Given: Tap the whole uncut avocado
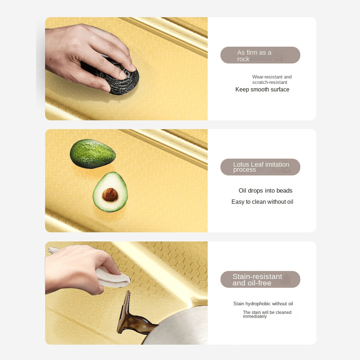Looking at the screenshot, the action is point(93,154).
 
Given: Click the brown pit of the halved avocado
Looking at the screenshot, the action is point(110,195).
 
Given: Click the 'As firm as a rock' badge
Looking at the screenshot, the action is point(260,55).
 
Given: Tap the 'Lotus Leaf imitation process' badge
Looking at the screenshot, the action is point(260,167).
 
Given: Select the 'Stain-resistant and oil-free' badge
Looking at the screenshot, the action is point(260,279).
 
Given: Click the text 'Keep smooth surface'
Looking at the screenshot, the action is point(262,90).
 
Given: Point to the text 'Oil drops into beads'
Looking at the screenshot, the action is point(265,190).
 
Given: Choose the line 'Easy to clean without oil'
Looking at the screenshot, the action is point(262,202).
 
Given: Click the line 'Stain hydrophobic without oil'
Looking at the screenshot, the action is point(263,303).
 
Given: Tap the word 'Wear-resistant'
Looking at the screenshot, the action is point(267,77).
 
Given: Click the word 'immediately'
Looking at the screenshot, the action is point(255,316).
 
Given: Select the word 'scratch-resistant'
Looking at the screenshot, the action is point(270,82).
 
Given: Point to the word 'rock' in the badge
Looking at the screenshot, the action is point(243,59).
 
